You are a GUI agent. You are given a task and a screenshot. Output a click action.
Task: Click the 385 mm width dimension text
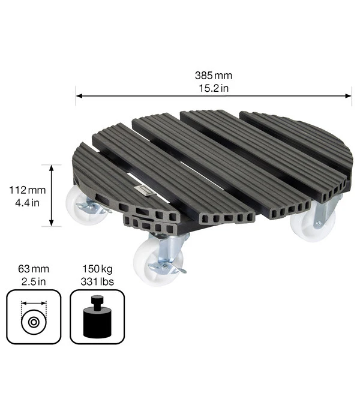(x=214, y=76)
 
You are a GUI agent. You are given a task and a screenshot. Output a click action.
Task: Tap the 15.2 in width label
(x=214, y=88)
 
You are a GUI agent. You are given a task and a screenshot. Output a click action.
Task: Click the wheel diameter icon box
(x=34, y=317)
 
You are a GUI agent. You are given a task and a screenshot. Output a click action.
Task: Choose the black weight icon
(x=97, y=318)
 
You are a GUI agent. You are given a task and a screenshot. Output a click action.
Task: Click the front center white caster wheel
(x=150, y=262)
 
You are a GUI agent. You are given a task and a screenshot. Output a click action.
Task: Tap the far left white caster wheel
(x=82, y=203)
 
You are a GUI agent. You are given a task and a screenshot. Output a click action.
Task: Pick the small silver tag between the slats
(x=144, y=191)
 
